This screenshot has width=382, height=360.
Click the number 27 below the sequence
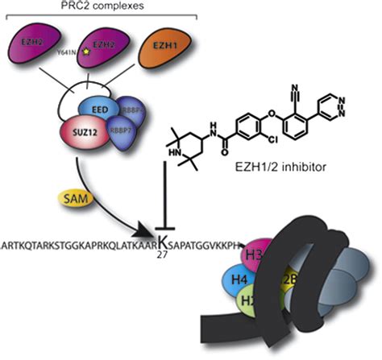[164, 257]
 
